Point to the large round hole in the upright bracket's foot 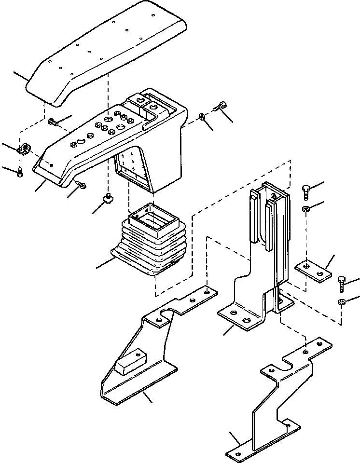(x=247, y=321)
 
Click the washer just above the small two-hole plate (x=305, y=208)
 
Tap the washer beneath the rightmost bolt (x=341, y=302)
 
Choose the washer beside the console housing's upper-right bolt (x=202, y=117)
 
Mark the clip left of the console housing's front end (x=24, y=150)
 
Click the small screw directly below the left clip (x=19, y=173)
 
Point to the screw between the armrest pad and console (x=53, y=123)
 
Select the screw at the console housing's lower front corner (x=81, y=184)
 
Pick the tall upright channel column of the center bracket (x=270, y=227)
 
